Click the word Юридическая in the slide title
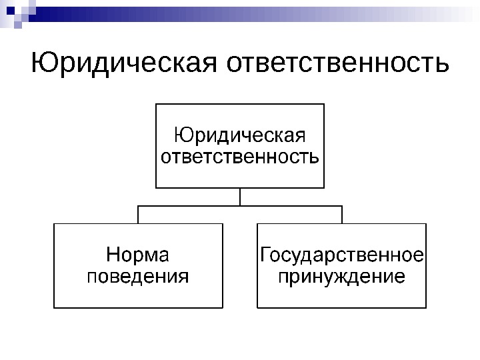(x=124, y=65)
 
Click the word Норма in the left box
(x=138, y=255)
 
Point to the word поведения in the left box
(x=138, y=275)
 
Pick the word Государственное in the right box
(x=342, y=255)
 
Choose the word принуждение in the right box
(x=341, y=275)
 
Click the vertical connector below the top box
(x=240, y=197)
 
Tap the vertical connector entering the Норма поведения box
(x=138, y=215)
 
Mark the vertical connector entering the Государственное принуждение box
(x=341, y=215)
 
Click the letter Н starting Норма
(x=113, y=255)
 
